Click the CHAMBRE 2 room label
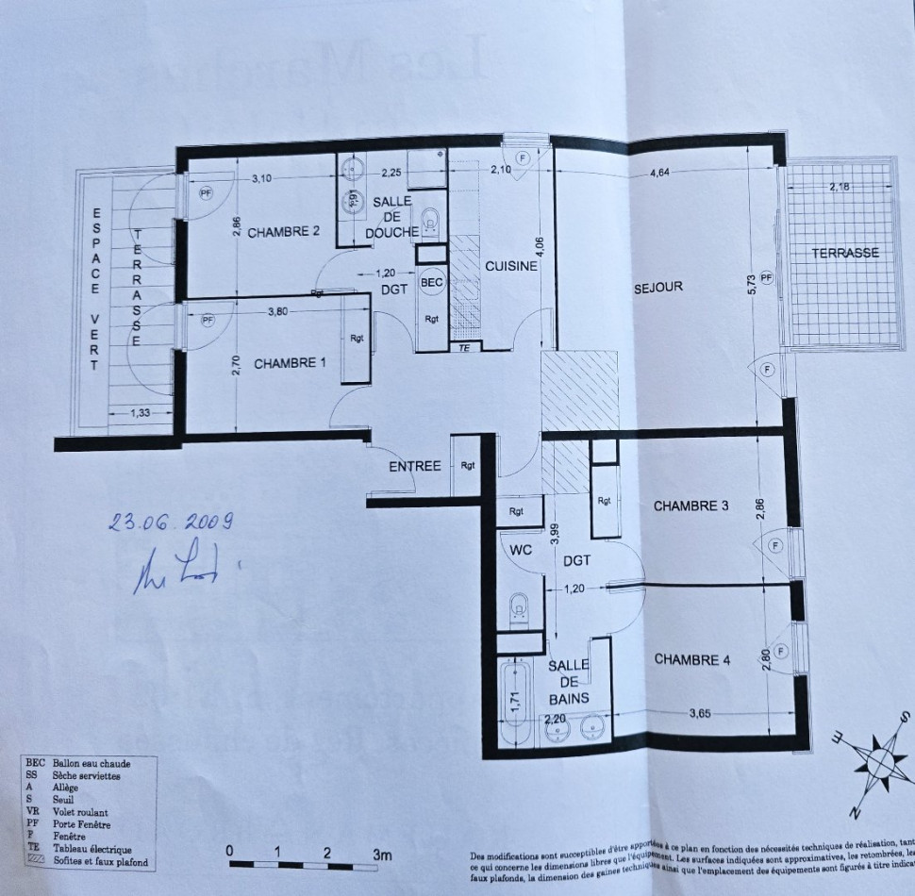(x=283, y=233)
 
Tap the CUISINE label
(x=511, y=266)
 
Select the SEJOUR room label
(x=657, y=287)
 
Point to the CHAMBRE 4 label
(x=692, y=659)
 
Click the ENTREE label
(x=415, y=466)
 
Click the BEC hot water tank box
(x=431, y=282)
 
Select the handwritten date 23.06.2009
(x=170, y=522)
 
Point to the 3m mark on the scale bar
(x=381, y=854)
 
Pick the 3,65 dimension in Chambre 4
(x=699, y=713)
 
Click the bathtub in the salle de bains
(x=515, y=693)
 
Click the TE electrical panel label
(x=463, y=347)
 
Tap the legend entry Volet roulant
(x=81, y=811)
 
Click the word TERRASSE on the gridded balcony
(x=845, y=253)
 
